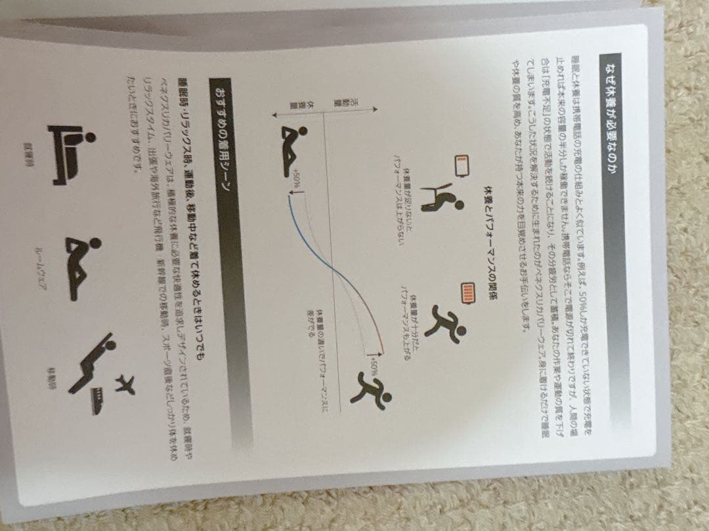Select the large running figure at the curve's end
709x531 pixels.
click(x=374, y=392)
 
